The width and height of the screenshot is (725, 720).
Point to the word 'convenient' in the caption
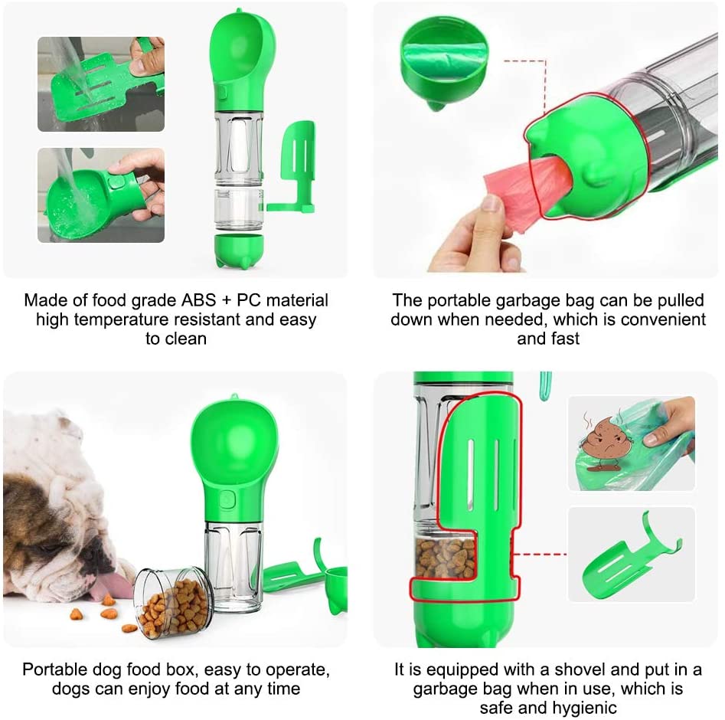pos(662,319)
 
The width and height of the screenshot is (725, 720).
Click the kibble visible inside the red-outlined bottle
pos(446,558)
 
